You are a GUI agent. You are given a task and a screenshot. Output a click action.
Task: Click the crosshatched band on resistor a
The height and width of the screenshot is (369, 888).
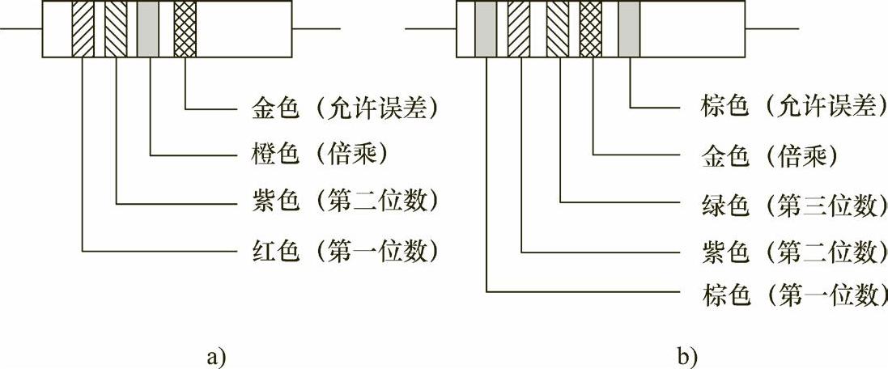tap(185, 29)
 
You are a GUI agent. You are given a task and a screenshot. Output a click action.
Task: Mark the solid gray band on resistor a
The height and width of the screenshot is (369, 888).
tap(148, 29)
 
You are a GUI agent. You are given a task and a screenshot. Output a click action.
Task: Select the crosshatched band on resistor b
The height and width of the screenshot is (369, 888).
tap(591, 29)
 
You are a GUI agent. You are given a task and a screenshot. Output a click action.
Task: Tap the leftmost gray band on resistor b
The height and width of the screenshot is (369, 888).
tap(486, 29)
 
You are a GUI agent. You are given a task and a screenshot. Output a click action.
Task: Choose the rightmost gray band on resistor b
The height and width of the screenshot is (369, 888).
tap(629, 29)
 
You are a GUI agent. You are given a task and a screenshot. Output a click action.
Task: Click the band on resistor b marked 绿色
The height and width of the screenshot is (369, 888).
tap(558, 29)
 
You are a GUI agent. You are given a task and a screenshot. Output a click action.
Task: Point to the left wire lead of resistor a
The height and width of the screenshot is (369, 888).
tap(21, 30)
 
